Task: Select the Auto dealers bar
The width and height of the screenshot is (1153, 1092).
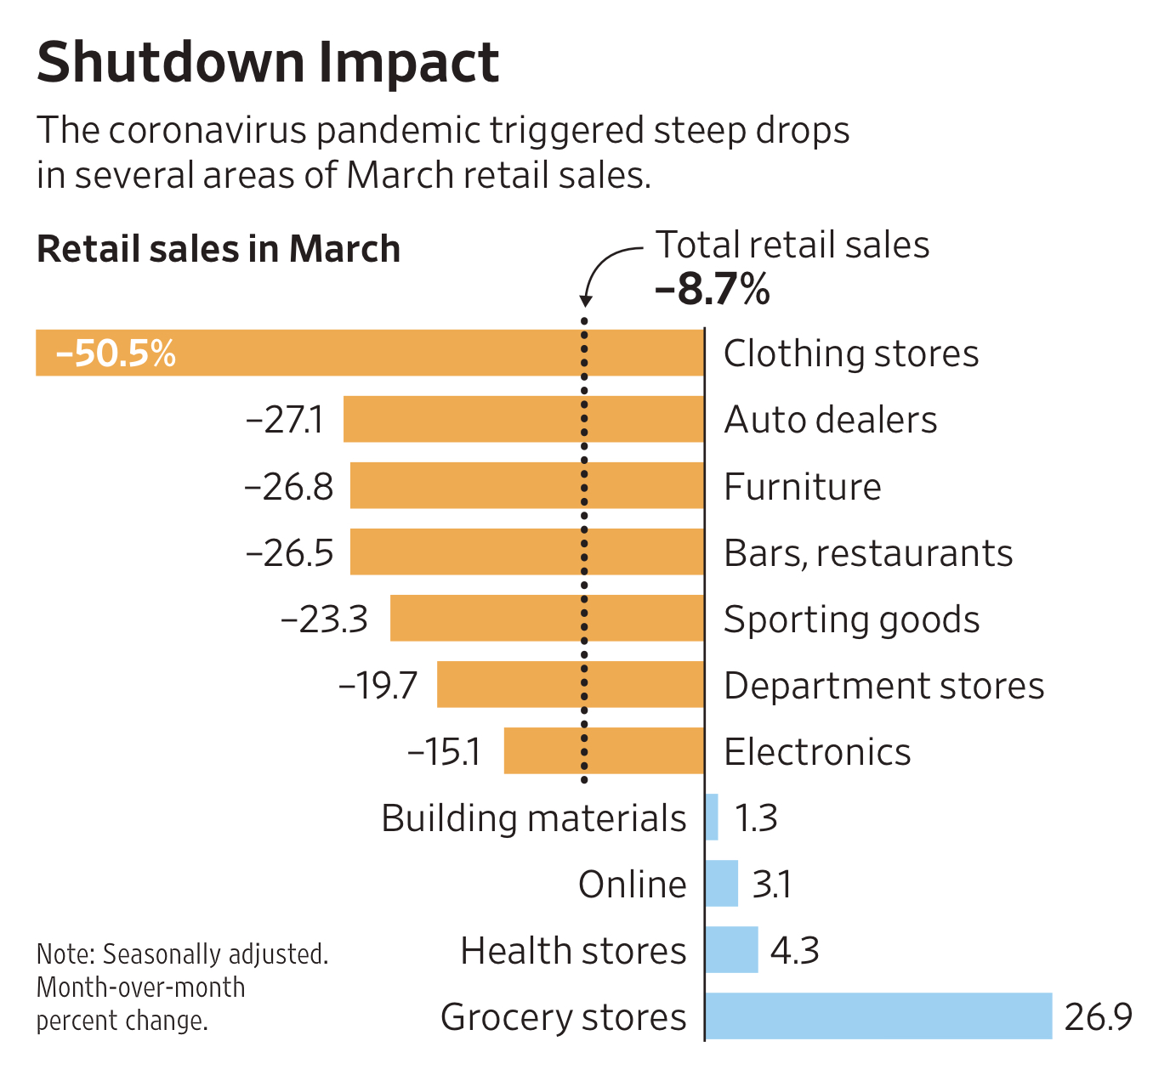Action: click(524, 419)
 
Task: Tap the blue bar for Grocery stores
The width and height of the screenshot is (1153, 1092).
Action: click(878, 1016)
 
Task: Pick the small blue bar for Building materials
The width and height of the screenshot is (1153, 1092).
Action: click(713, 818)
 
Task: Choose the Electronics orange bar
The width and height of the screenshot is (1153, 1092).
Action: click(604, 750)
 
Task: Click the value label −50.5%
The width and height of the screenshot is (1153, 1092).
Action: click(116, 353)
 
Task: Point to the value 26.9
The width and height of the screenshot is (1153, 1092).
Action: click(1098, 1016)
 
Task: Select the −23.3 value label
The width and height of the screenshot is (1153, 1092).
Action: click(324, 620)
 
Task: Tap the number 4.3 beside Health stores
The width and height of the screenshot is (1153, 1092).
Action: click(794, 950)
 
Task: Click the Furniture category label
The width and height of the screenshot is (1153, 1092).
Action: click(802, 487)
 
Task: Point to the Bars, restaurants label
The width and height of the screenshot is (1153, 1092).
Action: click(867, 553)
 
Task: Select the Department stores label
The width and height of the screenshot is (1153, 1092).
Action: click(883, 686)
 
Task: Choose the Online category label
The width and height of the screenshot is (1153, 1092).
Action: click(632, 885)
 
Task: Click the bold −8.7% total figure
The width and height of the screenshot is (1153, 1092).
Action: click(713, 289)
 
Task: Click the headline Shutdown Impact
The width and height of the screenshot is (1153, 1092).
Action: click(268, 62)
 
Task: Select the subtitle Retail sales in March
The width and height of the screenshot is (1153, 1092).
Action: click(219, 249)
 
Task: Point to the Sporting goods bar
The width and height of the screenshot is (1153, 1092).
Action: click(547, 618)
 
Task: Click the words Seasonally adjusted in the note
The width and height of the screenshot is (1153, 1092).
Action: click(215, 954)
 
